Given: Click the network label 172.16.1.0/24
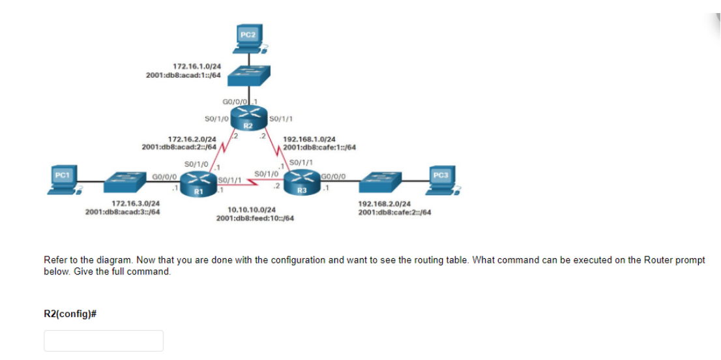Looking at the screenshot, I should (x=196, y=67).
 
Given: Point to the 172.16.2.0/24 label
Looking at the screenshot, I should (x=192, y=139).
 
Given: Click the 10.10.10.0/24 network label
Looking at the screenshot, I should (x=251, y=210).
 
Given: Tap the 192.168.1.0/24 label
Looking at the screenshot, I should (x=310, y=139).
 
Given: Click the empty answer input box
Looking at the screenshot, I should (x=104, y=340).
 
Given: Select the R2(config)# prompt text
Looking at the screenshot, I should (x=70, y=314).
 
